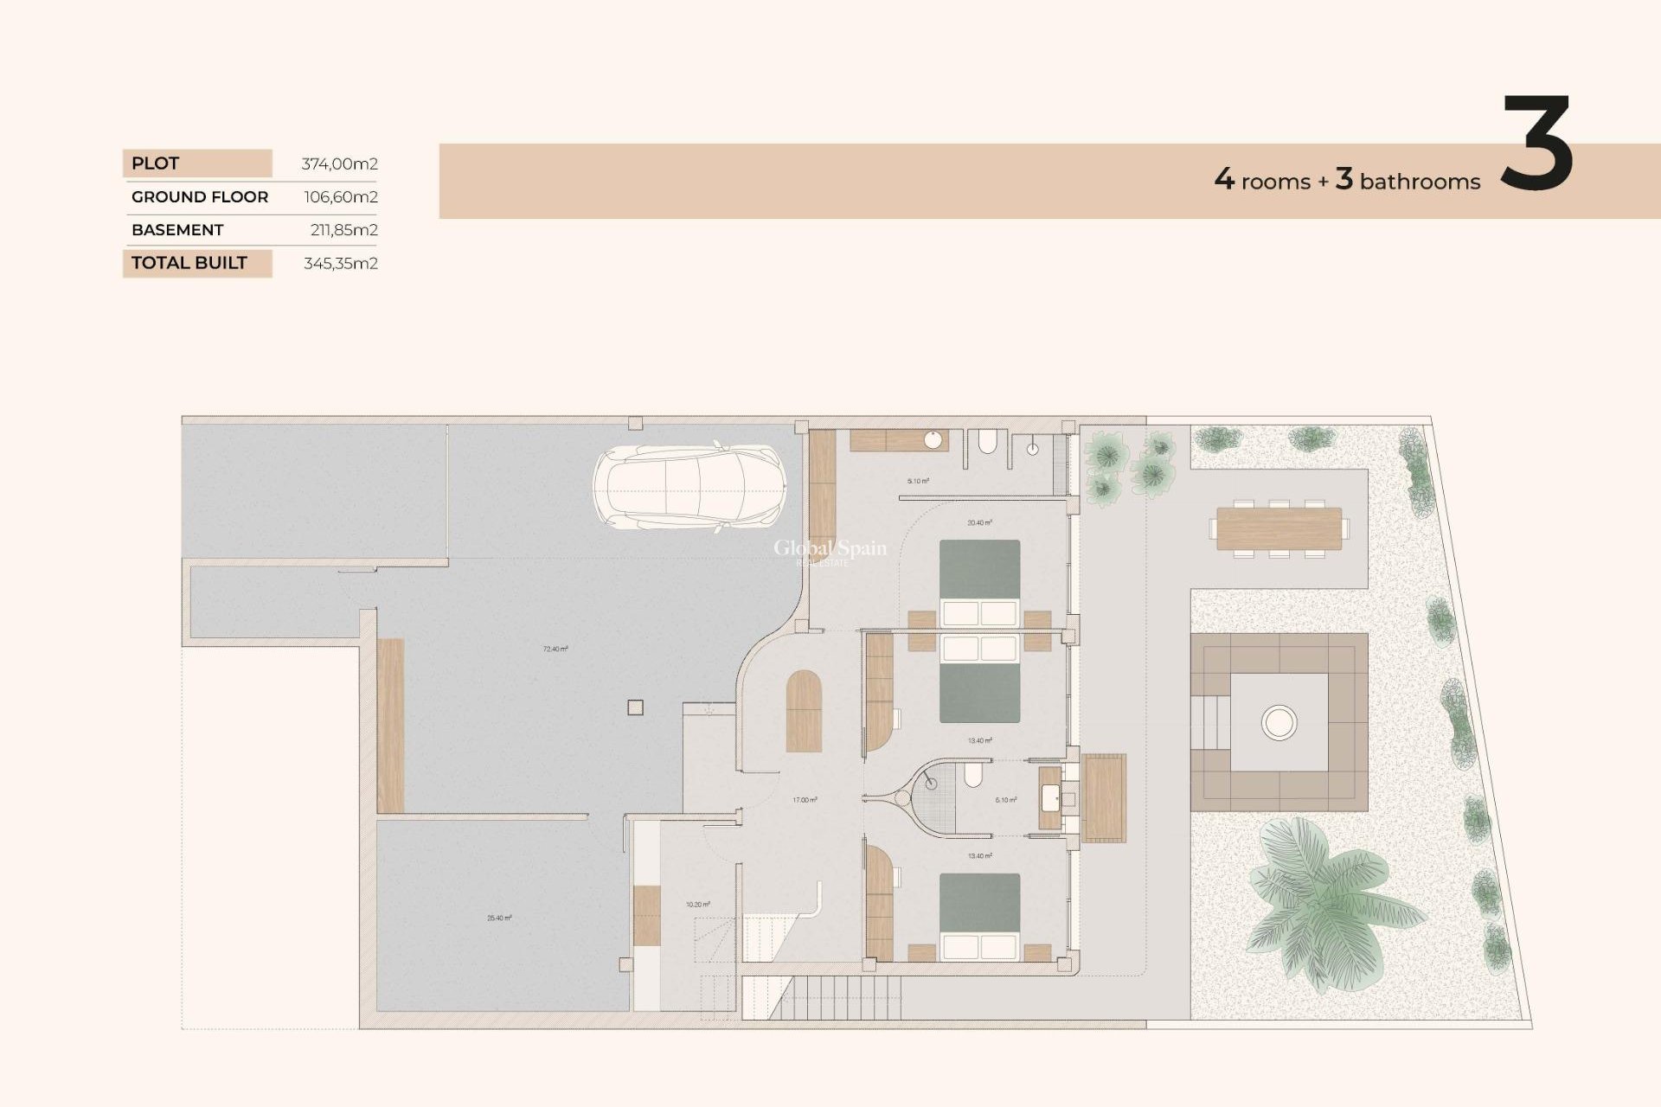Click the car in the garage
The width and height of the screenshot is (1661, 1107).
point(689,487)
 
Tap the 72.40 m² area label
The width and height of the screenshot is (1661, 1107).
point(555,649)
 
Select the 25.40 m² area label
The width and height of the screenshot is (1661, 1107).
point(499,918)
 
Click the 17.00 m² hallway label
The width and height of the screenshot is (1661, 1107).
point(805,800)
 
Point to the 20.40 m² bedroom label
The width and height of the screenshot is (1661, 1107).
point(979,522)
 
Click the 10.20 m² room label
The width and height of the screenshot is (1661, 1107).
point(697,905)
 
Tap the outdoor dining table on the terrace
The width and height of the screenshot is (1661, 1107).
point(1279,528)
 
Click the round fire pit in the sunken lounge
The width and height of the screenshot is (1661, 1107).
point(1279,721)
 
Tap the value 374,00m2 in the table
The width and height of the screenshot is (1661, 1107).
point(339,163)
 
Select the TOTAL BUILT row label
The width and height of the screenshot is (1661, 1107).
point(189,263)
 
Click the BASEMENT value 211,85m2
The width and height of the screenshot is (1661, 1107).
point(343,230)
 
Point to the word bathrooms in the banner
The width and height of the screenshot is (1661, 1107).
point(1420,182)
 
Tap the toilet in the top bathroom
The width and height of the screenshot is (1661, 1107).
point(987,444)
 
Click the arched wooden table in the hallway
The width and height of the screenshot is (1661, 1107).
point(804,711)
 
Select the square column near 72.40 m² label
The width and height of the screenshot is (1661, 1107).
point(635,707)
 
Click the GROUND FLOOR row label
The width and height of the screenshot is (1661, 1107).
point(200,197)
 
